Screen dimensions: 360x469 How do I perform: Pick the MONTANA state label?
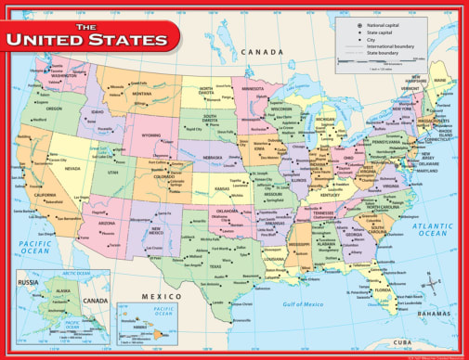pyautogui.click(x=141, y=94)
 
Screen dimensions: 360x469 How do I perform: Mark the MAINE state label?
pyautogui.click(x=437, y=80)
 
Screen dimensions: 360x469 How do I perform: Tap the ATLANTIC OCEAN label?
pyautogui.click(x=434, y=228)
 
